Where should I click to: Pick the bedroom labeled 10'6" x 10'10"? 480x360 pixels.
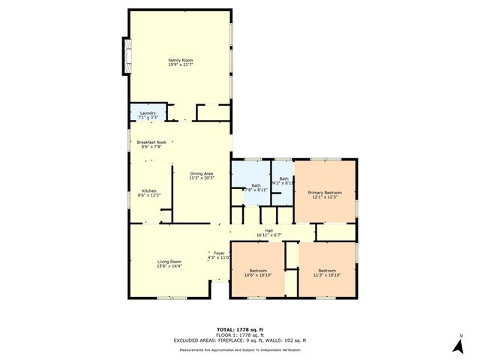coord(257,272)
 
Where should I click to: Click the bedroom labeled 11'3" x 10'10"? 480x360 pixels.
coord(327,272)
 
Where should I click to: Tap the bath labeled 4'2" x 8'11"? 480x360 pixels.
coord(284,180)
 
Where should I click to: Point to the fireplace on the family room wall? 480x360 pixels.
coord(125,55)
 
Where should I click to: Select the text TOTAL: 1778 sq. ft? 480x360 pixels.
coord(239,329)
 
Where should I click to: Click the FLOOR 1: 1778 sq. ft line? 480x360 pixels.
coord(239,335)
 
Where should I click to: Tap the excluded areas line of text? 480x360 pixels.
coord(239,340)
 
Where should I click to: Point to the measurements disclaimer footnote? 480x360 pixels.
coord(239,349)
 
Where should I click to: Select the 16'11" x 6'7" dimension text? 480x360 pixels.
coord(268,235)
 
